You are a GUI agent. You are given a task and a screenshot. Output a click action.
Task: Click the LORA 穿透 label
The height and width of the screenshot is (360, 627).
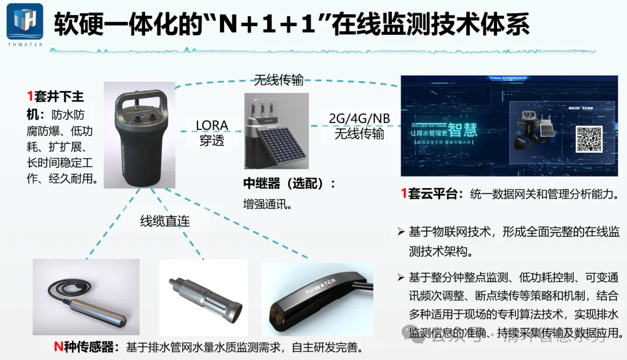(212, 133)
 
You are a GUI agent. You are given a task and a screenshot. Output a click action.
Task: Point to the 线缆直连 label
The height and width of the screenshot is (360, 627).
(165, 221)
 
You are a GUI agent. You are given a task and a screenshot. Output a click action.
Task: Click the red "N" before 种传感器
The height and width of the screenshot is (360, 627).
(58, 347)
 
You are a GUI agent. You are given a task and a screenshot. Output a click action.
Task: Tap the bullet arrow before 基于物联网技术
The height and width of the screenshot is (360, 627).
(401, 232)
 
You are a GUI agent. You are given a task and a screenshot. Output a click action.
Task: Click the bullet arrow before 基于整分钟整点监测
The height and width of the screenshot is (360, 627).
(401, 276)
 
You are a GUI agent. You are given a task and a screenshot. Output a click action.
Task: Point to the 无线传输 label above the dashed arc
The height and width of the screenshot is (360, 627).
(278, 80)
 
